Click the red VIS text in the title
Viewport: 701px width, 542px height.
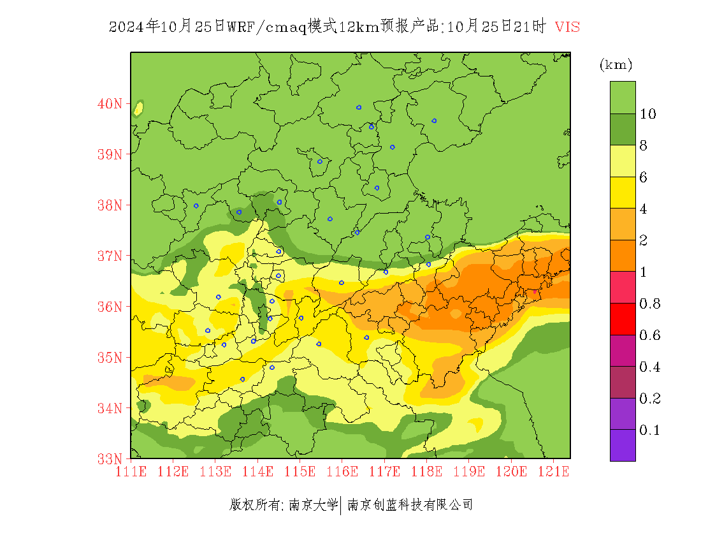[567, 27]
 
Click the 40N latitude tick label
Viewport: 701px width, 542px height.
[110, 103]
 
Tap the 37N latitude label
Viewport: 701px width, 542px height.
[110, 256]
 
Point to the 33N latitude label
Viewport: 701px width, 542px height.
[110, 458]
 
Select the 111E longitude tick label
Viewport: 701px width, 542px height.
[131, 472]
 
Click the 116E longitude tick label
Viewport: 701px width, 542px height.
[342, 472]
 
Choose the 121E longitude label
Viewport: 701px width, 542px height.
[553, 472]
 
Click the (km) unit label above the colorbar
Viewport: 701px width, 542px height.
[616, 65]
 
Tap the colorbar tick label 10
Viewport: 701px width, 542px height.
[648, 114]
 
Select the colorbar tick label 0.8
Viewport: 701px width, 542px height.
[650, 304]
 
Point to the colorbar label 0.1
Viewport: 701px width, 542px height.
[650, 430]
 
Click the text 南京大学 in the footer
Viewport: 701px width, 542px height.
[313, 505]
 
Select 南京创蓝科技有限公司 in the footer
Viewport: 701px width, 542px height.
[410, 505]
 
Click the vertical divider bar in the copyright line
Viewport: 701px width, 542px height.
[342, 505]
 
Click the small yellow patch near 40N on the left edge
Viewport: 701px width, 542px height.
[138, 108]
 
